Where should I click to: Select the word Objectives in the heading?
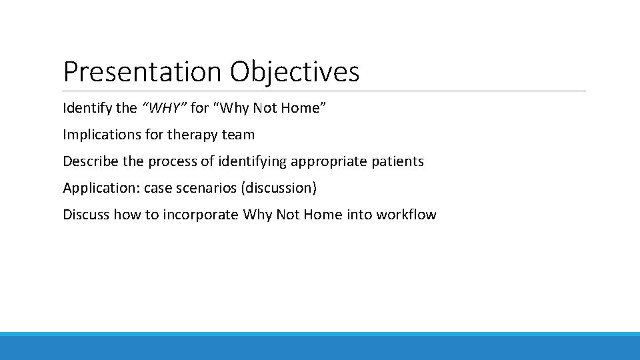pyautogui.click(x=295, y=72)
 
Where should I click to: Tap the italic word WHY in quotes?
pyautogui.click(x=164, y=108)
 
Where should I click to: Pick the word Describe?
pyautogui.click(x=89, y=161)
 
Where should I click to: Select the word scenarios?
pyautogui.click(x=207, y=188)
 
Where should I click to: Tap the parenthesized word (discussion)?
pyautogui.click(x=280, y=188)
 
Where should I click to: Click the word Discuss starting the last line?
pyautogui.click(x=86, y=215)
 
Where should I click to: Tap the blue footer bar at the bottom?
pyautogui.click(x=320, y=347)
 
